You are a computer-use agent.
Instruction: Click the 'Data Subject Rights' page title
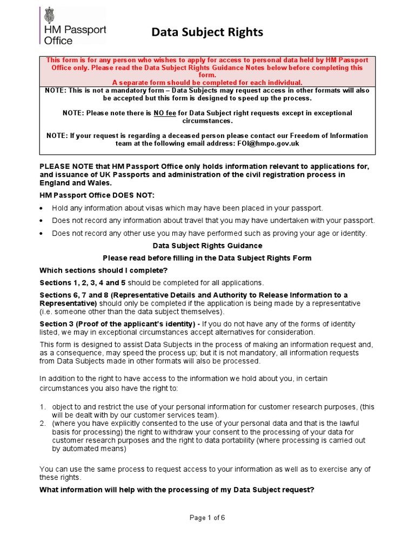point(207,33)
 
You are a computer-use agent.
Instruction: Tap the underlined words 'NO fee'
point(167,113)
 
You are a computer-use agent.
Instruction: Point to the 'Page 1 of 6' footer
point(207,518)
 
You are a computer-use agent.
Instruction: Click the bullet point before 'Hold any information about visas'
point(43,208)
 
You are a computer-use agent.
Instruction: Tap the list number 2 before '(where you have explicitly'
point(43,423)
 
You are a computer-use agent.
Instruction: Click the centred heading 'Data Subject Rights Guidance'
point(207,246)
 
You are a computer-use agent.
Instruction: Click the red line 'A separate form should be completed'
point(207,82)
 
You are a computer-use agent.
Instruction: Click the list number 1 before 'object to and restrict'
point(43,406)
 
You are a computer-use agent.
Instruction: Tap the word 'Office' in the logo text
point(58,40)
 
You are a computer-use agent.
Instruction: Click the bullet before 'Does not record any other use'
point(43,234)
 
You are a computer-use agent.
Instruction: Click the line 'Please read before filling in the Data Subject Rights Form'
point(207,258)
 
